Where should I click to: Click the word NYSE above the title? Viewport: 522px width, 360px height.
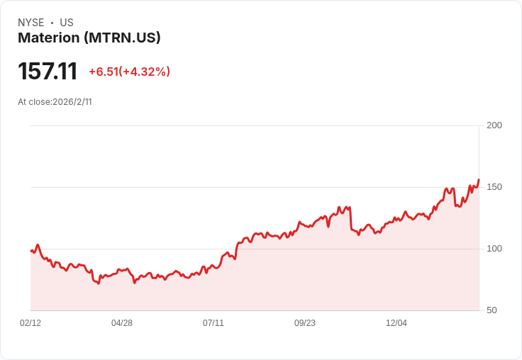31,23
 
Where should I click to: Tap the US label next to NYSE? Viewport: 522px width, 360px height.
67,23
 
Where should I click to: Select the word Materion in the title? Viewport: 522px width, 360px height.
49,38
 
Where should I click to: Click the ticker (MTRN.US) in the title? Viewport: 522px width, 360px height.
122,38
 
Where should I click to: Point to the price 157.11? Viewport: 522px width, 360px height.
48,72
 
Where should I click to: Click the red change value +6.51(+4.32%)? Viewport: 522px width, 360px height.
130,72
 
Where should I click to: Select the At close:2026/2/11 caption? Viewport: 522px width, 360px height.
55,102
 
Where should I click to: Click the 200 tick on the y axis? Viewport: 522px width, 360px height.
494,125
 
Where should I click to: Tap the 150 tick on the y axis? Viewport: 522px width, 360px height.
494,187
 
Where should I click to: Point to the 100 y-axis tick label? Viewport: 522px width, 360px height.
494,249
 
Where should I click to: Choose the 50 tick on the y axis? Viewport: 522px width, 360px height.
492,310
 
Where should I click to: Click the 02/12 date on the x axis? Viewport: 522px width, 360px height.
30,323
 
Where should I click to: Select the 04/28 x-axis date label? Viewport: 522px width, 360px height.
122,323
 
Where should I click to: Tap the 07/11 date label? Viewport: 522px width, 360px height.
213,323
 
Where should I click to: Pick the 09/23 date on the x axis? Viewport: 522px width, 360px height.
304,323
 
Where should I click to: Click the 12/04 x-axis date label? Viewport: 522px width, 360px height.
396,323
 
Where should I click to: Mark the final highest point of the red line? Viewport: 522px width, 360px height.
479,180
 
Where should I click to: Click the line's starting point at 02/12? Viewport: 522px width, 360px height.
31,251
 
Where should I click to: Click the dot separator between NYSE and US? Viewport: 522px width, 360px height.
52,23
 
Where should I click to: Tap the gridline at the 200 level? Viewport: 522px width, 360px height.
255,125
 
